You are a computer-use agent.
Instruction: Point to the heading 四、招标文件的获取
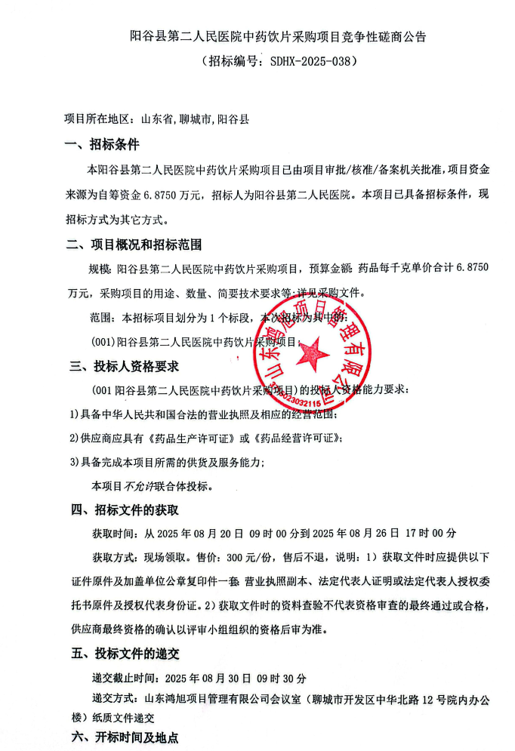tap(124, 509)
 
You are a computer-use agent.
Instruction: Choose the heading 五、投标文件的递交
tap(124, 653)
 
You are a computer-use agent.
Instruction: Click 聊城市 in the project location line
tap(196, 119)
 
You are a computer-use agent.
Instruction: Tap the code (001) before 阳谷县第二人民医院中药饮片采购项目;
tap(103, 341)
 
